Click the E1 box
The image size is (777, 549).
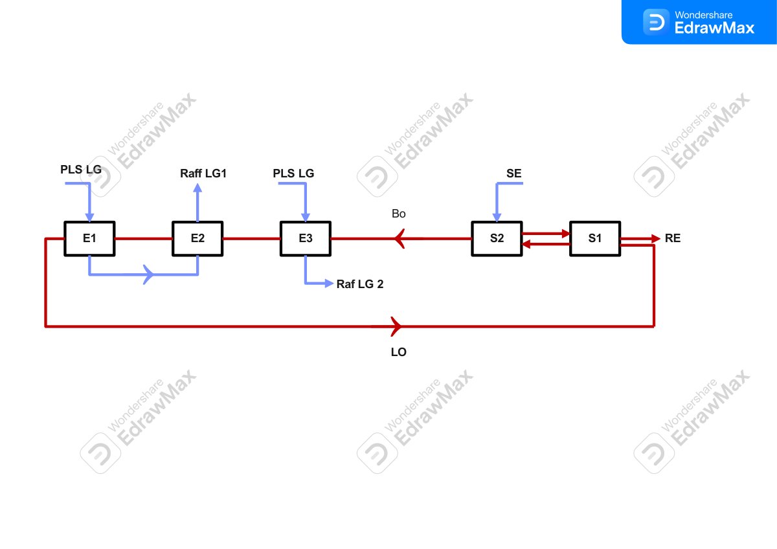point(89,239)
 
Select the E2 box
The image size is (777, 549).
point(197,239)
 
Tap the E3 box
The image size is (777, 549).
point(305,239)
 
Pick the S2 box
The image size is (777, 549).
point(497,239)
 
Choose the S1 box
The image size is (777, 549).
point(595,239)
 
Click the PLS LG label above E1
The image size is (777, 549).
point(81,170)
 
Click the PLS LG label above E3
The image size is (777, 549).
point(293,174)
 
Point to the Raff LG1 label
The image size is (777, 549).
point(203,174)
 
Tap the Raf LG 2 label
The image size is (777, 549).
point(360,284)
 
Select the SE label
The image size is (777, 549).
point(513,174)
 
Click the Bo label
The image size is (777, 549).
point(399,214)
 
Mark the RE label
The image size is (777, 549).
point(673,238)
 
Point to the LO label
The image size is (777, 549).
point(399,352)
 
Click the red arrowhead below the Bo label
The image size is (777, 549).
point(400,239)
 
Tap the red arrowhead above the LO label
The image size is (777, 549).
point(396,326)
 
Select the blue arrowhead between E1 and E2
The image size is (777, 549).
point(148,274)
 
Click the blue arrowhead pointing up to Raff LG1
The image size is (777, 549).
point(197,188)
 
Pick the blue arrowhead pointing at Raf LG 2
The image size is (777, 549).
point(329,284)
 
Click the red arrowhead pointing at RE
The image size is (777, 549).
point(655,239)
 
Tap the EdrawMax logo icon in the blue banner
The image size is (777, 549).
point(656,22)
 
